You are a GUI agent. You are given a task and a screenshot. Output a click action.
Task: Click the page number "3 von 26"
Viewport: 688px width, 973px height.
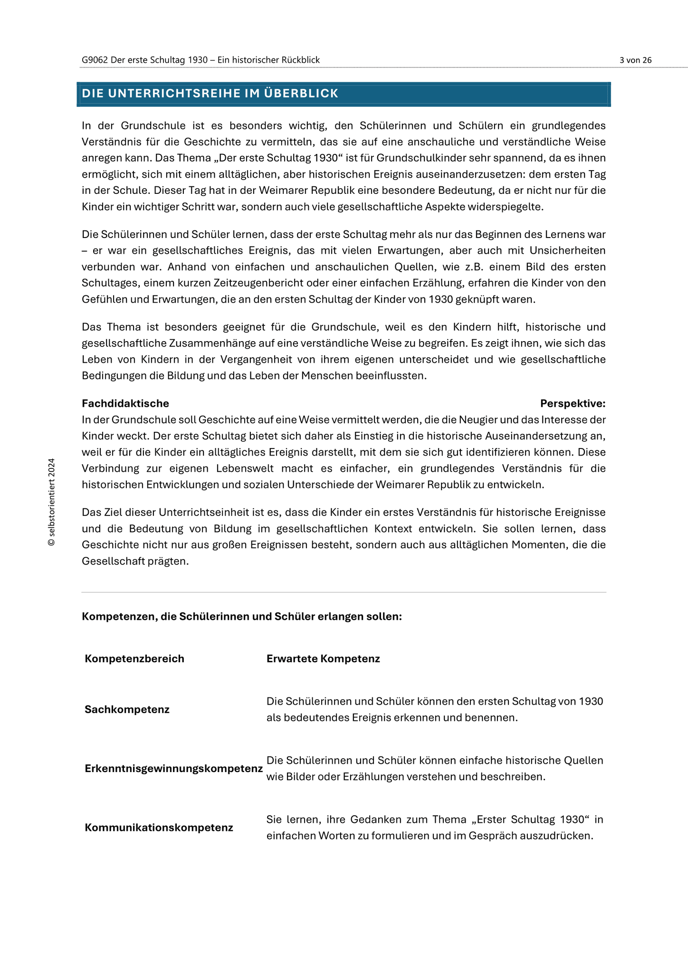(x=635, y=60)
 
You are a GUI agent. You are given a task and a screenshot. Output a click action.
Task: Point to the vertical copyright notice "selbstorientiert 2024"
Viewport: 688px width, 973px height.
(x=51, y=502)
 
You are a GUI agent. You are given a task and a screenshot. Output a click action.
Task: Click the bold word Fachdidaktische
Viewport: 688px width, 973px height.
(x=125, y=403)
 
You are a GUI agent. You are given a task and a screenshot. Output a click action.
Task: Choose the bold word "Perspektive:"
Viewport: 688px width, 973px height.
(x=573, y=403)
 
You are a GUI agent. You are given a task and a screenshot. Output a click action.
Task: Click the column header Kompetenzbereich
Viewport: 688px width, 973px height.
(x=134, y=658)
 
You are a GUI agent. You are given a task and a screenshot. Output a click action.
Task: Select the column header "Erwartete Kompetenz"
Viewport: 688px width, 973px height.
(x=323, y=658)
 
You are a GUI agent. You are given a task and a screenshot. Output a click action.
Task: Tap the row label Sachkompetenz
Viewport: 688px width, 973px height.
(x=127, y=709)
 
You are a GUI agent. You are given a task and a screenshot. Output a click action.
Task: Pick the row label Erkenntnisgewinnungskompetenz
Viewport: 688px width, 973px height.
(x=173, y=768)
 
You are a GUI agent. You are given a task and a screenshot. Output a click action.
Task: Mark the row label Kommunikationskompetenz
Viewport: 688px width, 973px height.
(x=159, y=827)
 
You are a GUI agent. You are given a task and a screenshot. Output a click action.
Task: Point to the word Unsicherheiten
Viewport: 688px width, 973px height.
(x=567, y=250)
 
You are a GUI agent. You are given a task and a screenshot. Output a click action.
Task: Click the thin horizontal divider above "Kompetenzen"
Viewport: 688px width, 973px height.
(x=344, y=592)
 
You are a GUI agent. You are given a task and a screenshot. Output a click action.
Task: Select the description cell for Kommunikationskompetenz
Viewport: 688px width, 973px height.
(x=434, y=827)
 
